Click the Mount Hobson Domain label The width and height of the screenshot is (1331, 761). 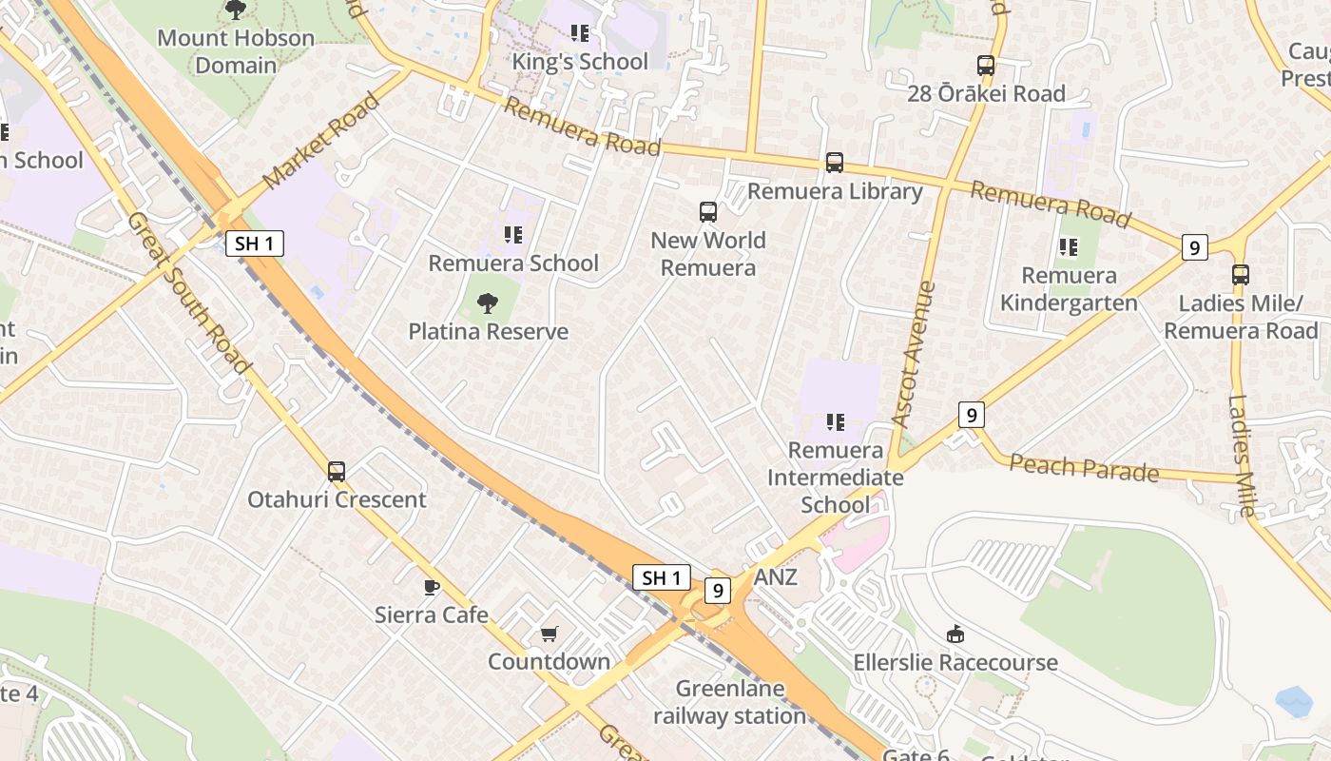coord(235,51)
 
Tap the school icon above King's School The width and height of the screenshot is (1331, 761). coord(580,33)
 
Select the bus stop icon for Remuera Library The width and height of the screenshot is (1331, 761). coord(834,163)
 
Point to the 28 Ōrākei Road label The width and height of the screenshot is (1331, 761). coord(986,93)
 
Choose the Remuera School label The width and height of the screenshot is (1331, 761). coord(513,263)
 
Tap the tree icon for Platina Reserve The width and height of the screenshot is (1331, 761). coord(488,303)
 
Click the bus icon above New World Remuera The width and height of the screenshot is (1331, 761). coord(708,211)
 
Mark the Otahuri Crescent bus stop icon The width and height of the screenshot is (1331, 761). coord(337,471)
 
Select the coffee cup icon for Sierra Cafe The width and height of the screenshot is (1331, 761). coord(432,586)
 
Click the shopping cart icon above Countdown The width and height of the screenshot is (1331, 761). coord(549,633)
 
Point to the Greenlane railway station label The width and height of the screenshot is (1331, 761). coord(730,702)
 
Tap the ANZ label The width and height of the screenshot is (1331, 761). coord(775,577)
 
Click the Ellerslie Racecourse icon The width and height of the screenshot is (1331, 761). coord(955,633)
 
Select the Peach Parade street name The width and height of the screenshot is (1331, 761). coord(1084,468)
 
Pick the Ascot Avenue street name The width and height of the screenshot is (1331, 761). coord(914,353)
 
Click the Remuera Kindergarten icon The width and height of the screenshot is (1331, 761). coord(1069,247)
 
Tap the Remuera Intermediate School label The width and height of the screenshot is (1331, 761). coord(836,477)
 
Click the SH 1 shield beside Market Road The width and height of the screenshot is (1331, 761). coord(256,243)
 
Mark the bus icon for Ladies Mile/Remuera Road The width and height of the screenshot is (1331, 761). coord(1241,275)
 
